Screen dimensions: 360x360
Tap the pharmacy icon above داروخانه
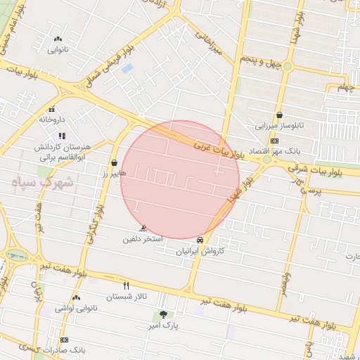click(51, 109)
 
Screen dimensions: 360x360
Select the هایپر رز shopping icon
click(114, 162)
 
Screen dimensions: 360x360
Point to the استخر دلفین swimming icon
click(143, 229)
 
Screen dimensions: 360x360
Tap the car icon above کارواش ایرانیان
click(201, 240)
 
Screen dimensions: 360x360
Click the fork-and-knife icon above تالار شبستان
click(127, 286)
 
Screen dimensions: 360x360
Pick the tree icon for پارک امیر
click(163, 315)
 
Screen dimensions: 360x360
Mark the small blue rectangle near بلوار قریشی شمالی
click(127, 69)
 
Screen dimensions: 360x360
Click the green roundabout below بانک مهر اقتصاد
click(267, 161)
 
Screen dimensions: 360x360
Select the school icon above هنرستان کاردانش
click(62, 135)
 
